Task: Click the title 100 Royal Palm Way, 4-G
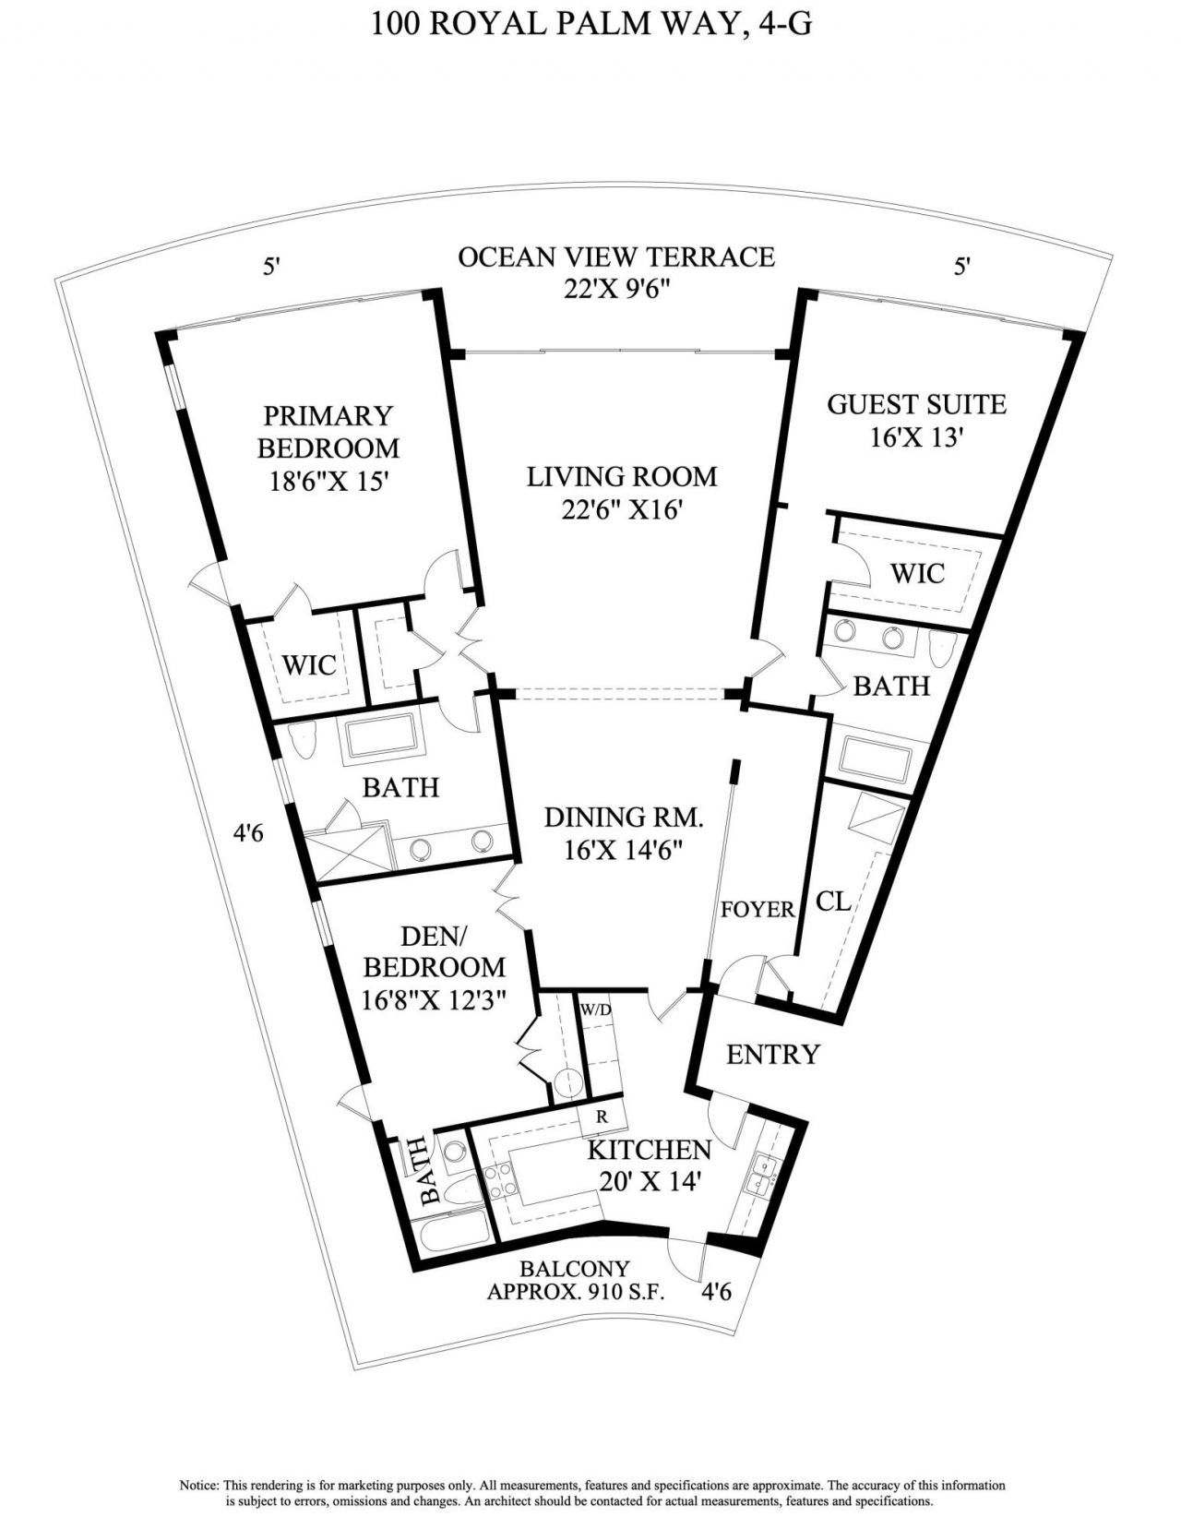591,22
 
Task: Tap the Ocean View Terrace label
616,256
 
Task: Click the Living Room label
621,477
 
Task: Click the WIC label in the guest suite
916,573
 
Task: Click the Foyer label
758,910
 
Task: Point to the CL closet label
833,901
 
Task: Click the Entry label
772,1054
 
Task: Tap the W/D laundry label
595,1009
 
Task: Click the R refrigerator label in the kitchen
602,1116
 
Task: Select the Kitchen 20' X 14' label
650,1165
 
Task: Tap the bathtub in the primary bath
383,740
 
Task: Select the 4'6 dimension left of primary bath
249,833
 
